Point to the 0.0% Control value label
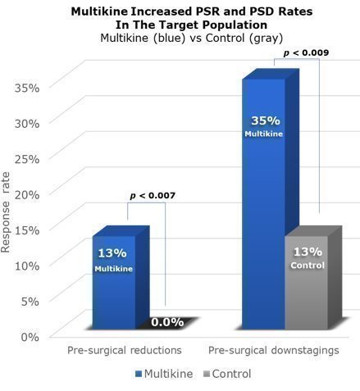[x=167, y=322]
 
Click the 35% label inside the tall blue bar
[x=266, y=120]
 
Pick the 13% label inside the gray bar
[x=308, y=252]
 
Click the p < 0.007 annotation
[x=153, y=196]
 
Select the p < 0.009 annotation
[x=306, y=52]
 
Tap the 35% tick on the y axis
[x=27, y=88]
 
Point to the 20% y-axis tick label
[x=27, y=194]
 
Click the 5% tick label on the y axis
[x=30, y=302]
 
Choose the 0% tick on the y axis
[x=30, y=337]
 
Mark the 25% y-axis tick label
[x=27, y=159]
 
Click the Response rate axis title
[x=6, y=212]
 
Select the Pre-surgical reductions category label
[x=125, y=350]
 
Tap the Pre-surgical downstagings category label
[x=274, y=350]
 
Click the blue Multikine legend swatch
[x=139, y=374]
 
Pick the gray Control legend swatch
[x=207, y=374]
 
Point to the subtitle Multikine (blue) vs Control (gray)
[x=192, y=38]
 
